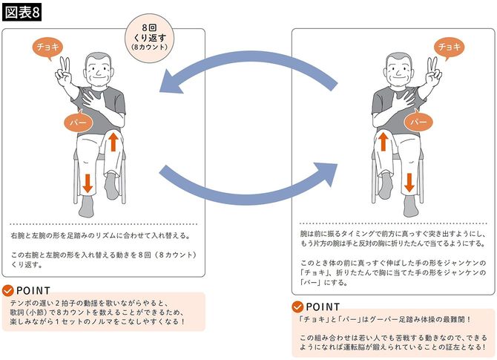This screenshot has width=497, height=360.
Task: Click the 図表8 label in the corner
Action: pyautogui.click(x=22, y=13)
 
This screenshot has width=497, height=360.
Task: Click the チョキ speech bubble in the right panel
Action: pyautogui.click(x=450, y=47)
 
